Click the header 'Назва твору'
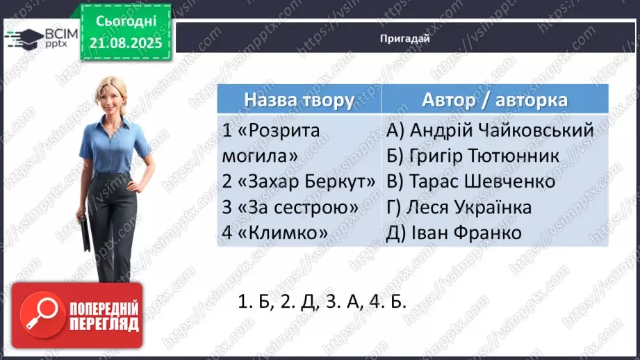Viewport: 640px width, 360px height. [x=299, y=99]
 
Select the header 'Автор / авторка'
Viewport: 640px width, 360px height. [x=494, y=99]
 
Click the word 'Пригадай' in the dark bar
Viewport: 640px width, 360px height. [x=405, y=39]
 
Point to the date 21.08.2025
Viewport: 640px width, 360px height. [x=124, y=43]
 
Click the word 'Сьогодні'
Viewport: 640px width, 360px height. [x=124, y=22]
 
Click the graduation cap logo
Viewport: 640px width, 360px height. [x=22, y=37]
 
